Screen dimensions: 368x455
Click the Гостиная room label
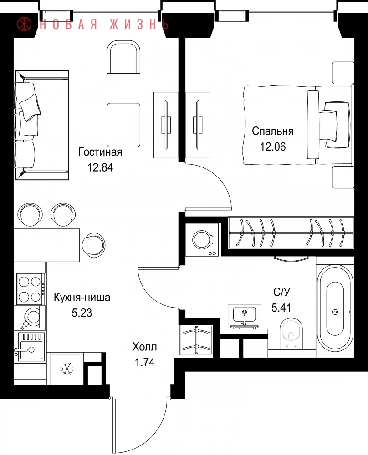click(100, 152)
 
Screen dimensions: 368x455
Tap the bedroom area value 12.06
click(273, 147)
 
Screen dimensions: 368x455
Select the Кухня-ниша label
click(82, 298)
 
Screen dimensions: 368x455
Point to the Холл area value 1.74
click(145, 363)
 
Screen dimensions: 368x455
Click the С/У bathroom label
click(282, 292)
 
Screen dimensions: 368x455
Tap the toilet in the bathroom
click(291, 334)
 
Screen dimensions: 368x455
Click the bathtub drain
click(335, 312)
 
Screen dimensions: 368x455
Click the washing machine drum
click(202, 240)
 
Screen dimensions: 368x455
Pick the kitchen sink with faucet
click(30, 347)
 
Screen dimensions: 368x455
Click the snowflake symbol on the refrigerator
click(67, 369)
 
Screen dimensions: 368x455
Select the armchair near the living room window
click(124, 57)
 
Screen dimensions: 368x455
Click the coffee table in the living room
click(123, 125)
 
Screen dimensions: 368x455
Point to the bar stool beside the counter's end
click(93, 245)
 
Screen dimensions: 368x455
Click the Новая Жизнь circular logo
click(25, 24)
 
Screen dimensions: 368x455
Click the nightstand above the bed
click(343, 73)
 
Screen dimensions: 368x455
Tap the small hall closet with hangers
click(197, 339)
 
